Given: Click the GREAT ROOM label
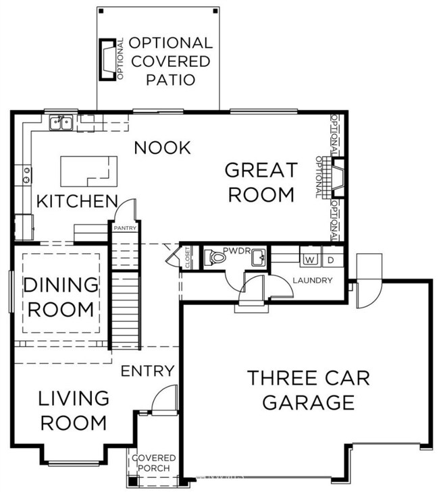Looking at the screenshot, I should click(261, 182).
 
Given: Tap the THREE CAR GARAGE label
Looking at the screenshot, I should click(309, 390).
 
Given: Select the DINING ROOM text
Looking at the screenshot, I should click(59, 298).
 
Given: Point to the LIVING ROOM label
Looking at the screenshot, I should click(73, 410).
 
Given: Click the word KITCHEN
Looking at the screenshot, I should click(77, 201).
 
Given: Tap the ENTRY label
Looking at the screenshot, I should click(147, 371).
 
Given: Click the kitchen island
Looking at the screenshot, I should click(88, 171).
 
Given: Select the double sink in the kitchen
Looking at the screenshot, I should click(62, 122).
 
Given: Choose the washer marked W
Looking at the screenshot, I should click(310, 259).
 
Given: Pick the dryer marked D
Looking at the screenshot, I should click(331, 259).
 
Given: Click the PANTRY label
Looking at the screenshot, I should click(125, 228).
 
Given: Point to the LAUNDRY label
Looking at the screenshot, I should click(312, 280).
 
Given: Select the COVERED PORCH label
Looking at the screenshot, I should click(153, 462).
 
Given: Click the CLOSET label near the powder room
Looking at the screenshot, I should click(187, 258).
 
